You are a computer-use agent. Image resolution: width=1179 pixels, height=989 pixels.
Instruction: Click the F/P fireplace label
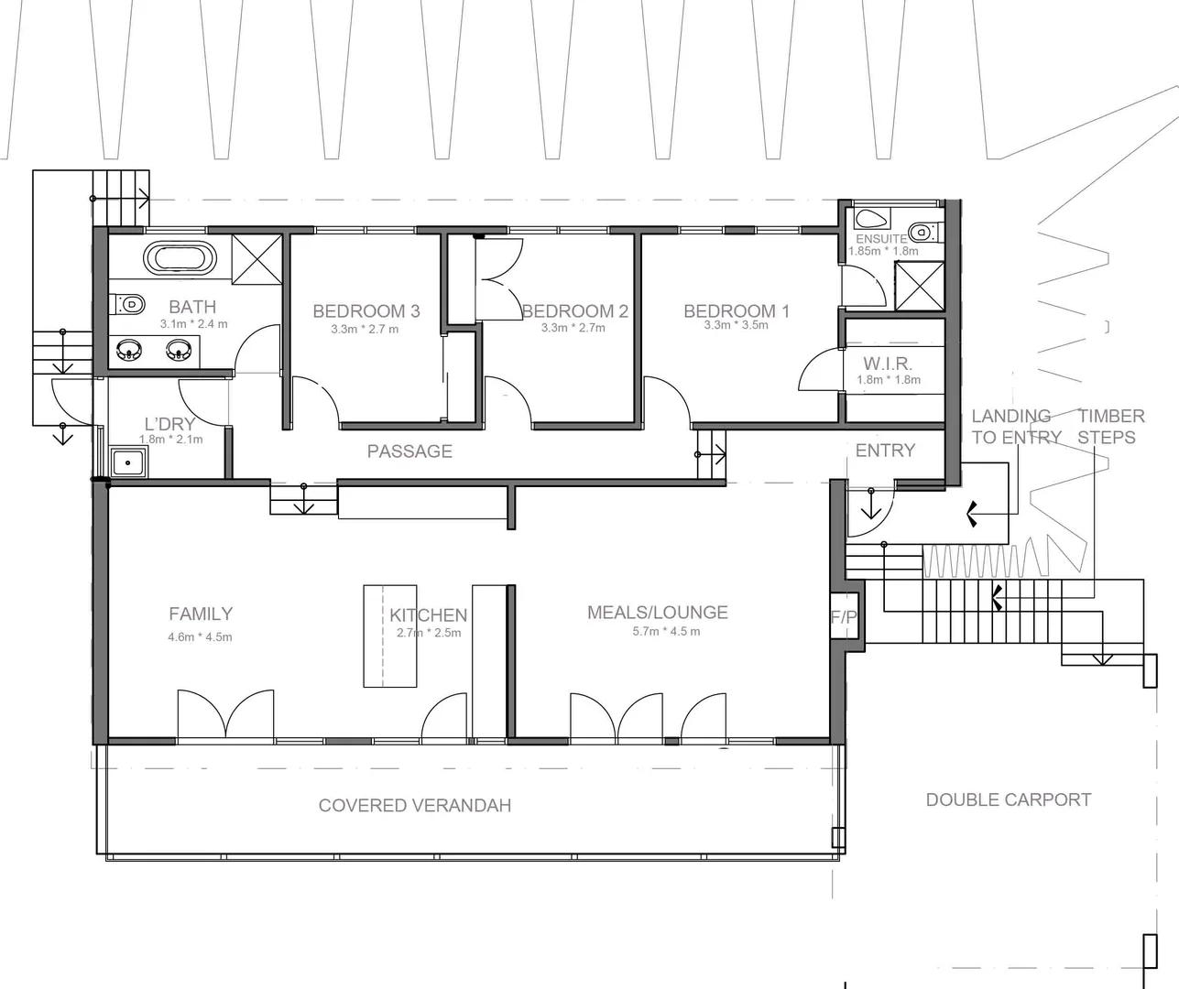point(844,618)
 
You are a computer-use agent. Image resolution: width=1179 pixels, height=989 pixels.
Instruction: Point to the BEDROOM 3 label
point(366,311)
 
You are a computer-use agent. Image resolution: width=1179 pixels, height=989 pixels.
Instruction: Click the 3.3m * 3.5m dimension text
point(736,325)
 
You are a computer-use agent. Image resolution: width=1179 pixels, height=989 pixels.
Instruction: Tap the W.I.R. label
point(888,364)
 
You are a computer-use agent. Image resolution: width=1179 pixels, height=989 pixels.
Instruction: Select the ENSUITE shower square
point(919,286)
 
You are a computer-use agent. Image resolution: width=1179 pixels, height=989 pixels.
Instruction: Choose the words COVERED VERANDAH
point(414,806)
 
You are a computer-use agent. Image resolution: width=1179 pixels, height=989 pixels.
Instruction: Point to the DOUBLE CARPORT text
point(1008,799)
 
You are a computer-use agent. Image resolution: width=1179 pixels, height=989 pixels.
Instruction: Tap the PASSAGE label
point(409,451)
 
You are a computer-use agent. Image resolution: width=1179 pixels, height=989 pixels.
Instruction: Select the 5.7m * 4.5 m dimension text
point(666,632)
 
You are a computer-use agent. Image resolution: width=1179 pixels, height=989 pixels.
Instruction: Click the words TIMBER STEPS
point(1110,427)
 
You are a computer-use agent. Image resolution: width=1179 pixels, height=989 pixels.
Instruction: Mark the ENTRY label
point(885,451)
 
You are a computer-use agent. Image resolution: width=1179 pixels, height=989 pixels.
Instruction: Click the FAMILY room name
point(201,614)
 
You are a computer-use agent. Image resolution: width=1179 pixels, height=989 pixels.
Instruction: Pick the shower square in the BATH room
point(256,261)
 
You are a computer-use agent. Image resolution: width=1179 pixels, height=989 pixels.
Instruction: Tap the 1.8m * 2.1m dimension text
point(170,440)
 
